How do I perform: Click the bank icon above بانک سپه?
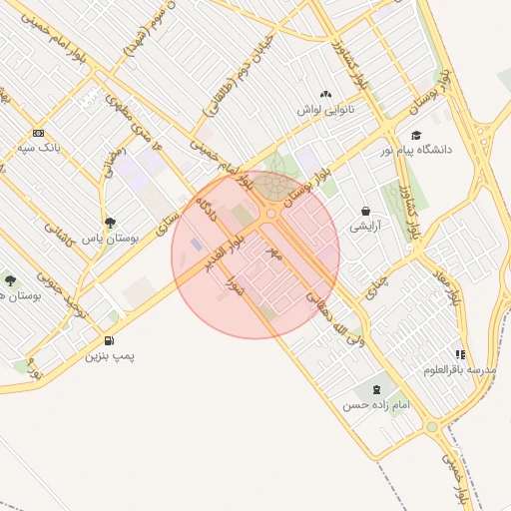[x=39, y=133]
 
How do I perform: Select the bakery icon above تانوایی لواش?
[x=325, y=94]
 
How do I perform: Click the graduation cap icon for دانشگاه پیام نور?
[x=415, y=136]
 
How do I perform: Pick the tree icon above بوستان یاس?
[x=109, y=224]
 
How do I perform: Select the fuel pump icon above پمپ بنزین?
[x=109, y=340]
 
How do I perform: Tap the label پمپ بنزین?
[x=109, y=355]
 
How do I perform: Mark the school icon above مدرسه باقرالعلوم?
[x=459, y=354]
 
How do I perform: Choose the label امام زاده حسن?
[x=376, y=405]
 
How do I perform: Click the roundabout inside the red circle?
[x=271, y=214]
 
